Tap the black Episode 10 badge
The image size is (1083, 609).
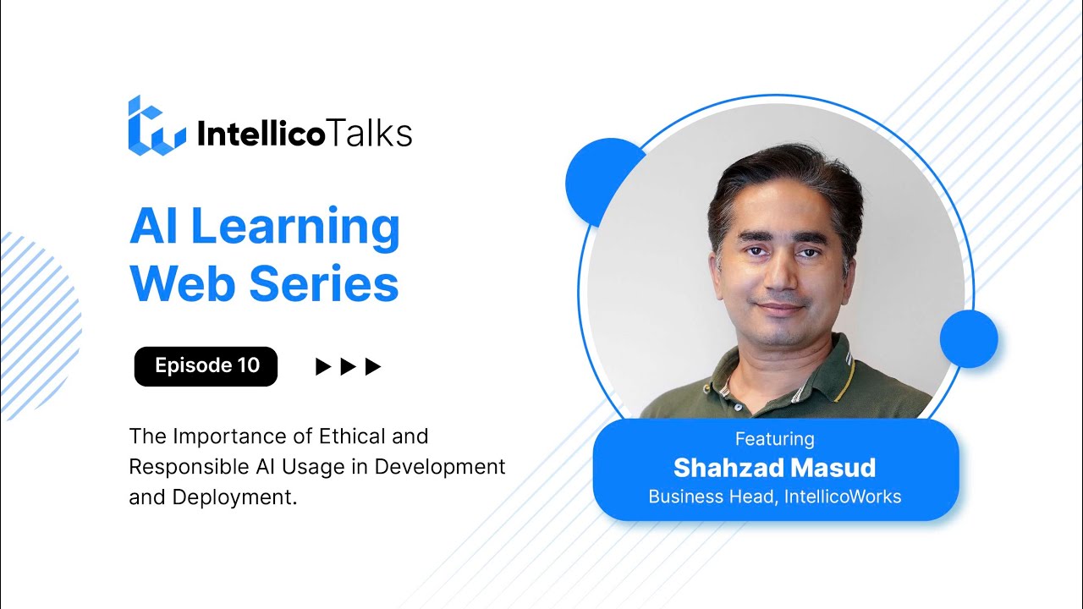pyautogui.click(x=206, y=366)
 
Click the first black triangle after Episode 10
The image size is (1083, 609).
pyautogui.click(x=322, y=366)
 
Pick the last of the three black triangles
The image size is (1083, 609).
pyautogui.click(x=373, y=366)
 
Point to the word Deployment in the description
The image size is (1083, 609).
pyautogui.click(x=234, y=497)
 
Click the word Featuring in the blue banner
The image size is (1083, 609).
pyautogui.click(x=774, y=439)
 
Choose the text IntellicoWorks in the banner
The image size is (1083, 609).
pyautogui.click(x=842, y=497)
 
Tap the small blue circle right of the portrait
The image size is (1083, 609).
pyautogui.click(x=970, y=338)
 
